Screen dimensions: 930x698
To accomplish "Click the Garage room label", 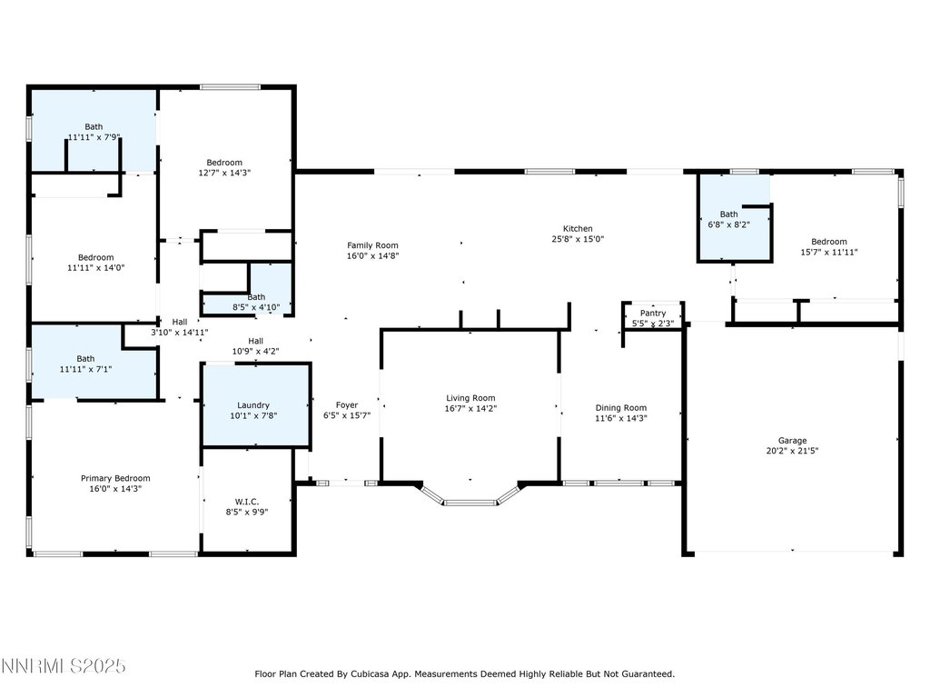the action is (792, 441).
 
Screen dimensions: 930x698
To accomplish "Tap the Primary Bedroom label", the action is (115, 478).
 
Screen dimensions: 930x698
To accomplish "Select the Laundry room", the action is (256, 404).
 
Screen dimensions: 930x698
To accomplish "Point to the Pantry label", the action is (653, 313).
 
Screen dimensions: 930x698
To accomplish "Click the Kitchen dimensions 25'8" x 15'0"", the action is (578, 239).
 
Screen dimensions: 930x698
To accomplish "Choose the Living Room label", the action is (470, 398).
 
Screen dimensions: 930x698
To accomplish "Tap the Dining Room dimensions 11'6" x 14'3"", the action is (621, 418).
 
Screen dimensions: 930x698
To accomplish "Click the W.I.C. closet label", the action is (247, 502).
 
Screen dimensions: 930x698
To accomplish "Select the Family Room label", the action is (372, 245).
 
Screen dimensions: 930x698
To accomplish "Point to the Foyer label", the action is (346, 405).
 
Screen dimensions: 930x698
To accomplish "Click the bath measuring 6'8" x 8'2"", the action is (734, 217).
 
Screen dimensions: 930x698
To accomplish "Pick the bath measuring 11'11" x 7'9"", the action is (94, 131).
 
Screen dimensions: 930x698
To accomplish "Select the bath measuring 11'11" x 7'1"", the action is (94, 362).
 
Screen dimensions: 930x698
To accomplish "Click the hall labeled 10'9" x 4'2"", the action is (255, 346).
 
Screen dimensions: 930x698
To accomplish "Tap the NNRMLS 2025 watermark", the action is (63, 666).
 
